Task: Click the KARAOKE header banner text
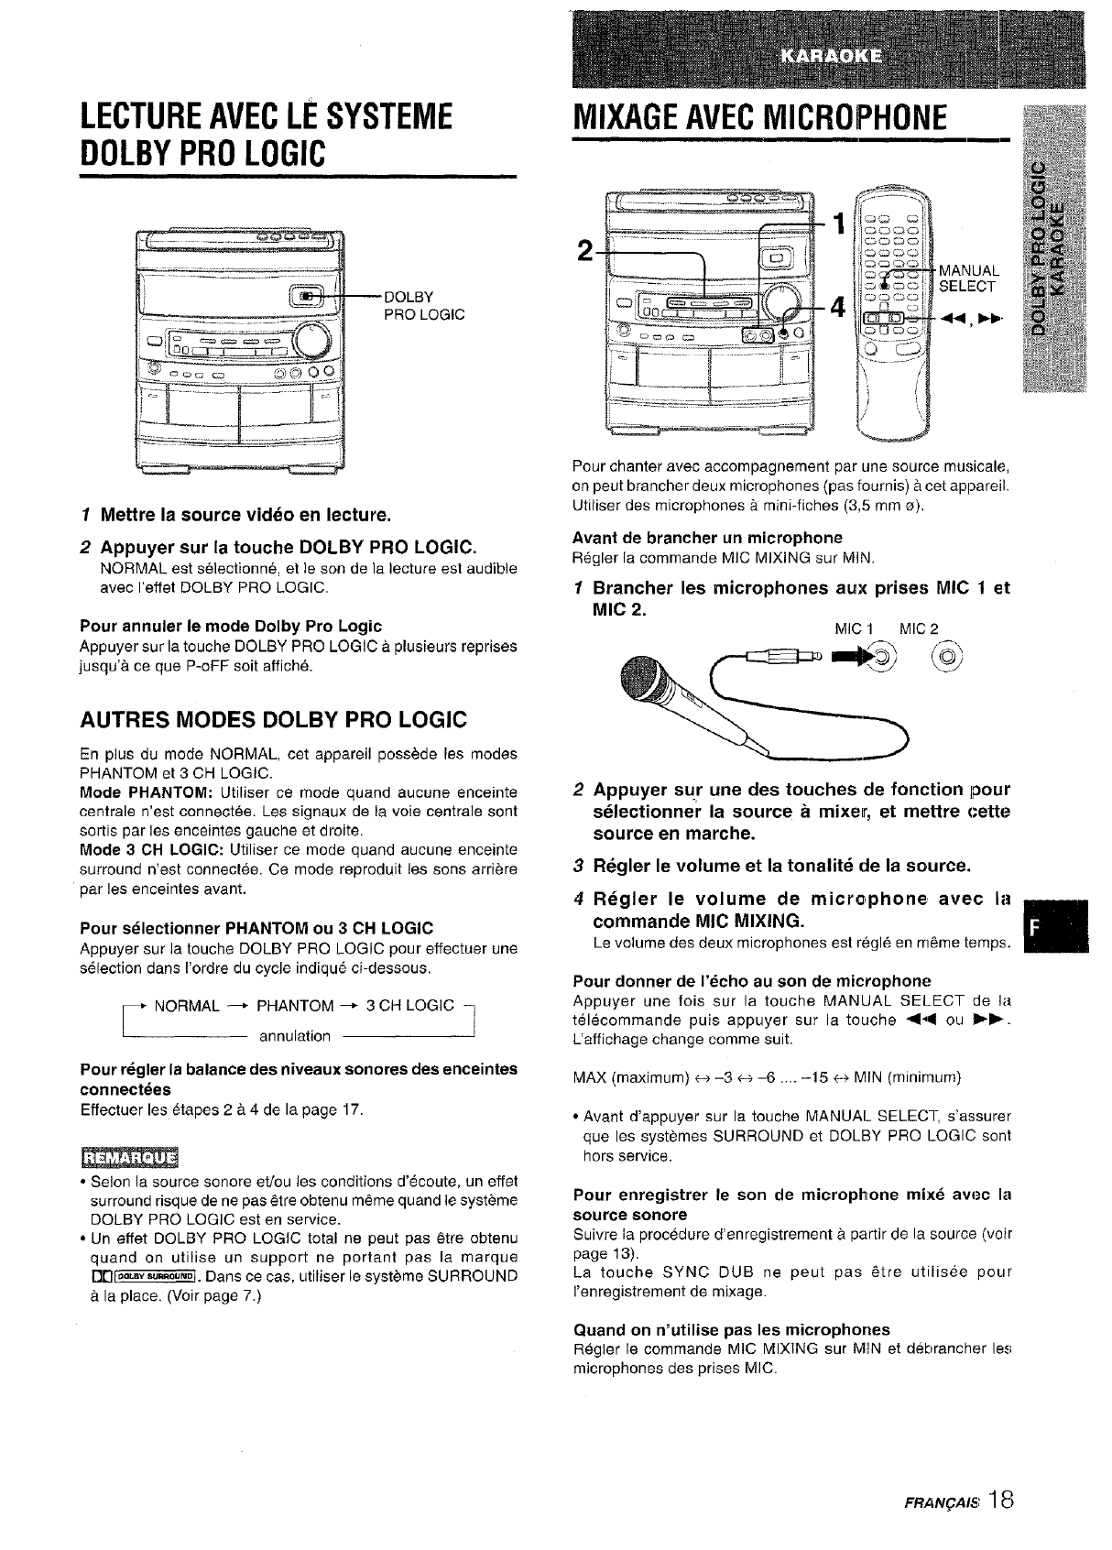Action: point(830,54)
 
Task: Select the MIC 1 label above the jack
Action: point(857,628)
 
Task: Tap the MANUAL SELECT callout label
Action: point(970,278)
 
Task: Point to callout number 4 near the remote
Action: point(835,308)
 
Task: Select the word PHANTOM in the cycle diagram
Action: point(294,1007)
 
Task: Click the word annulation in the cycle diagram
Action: point(294,1036)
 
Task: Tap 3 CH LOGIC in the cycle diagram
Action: point(409,1007)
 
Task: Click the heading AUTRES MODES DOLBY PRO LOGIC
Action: point(273,719)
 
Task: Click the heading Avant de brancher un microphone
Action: point(707,537)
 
